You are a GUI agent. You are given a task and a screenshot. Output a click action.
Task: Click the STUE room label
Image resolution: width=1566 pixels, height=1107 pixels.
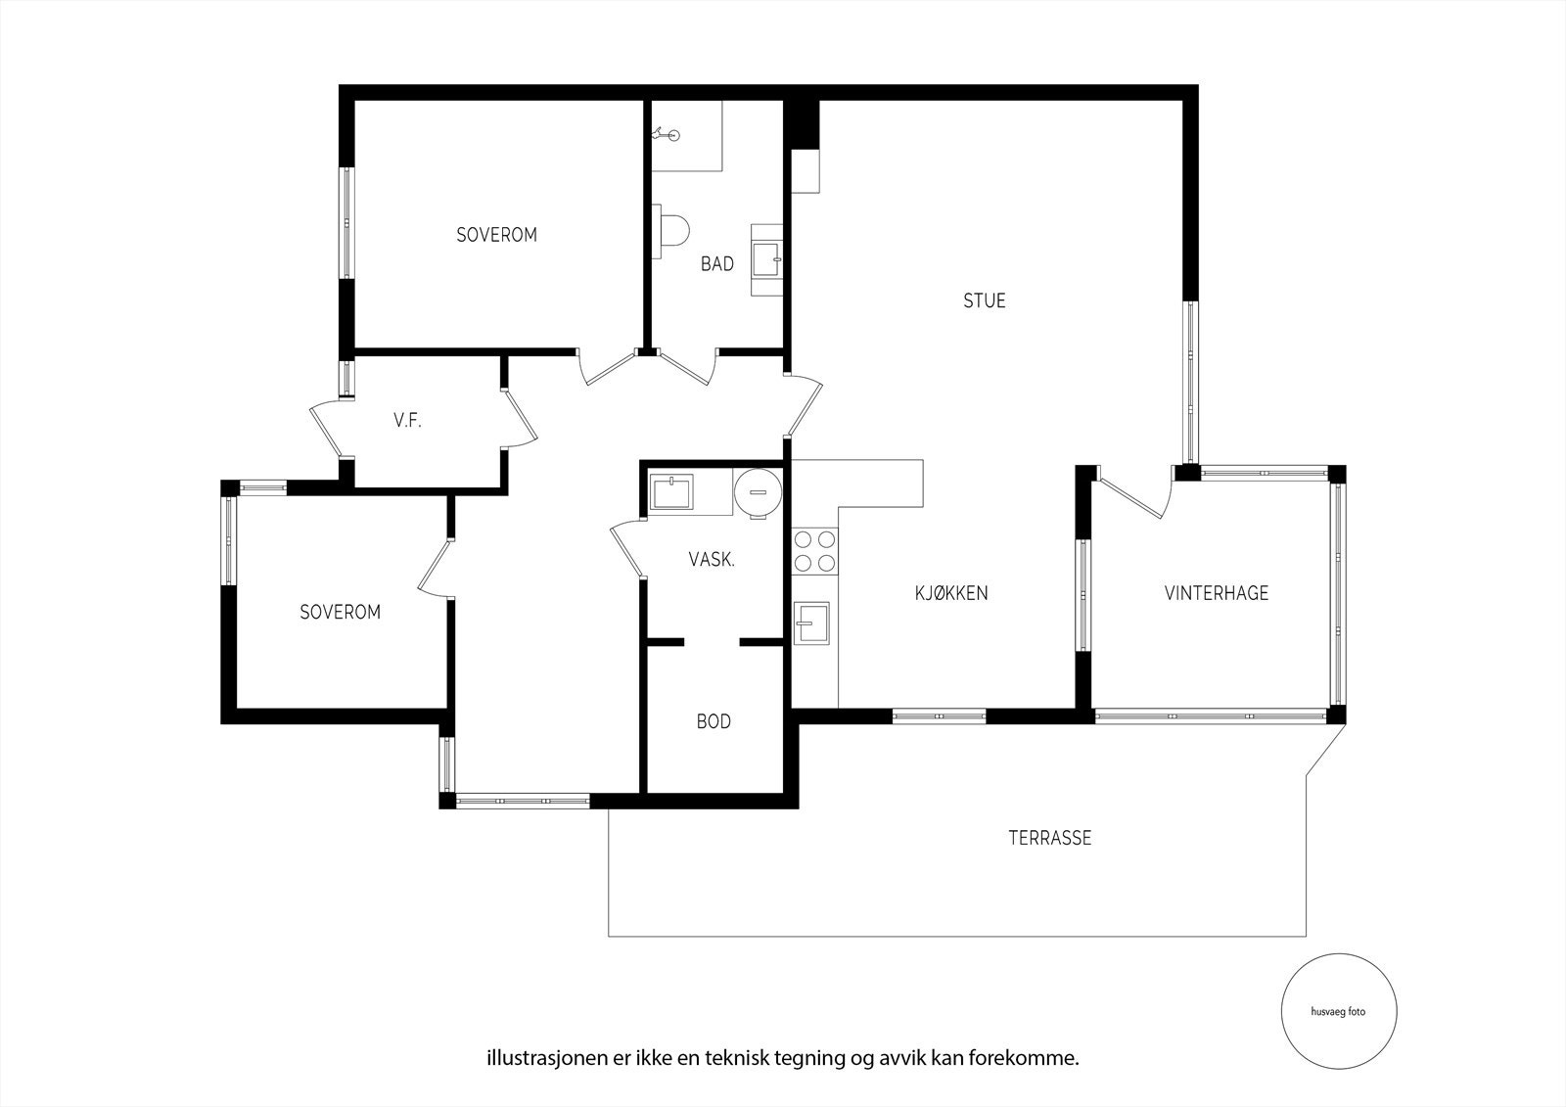tap(984, 300)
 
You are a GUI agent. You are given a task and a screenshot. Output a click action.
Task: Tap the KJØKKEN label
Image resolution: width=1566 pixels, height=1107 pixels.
tap(951, 593)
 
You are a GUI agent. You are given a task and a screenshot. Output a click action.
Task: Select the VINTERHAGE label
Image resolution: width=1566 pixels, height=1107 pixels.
tap(1217, 593)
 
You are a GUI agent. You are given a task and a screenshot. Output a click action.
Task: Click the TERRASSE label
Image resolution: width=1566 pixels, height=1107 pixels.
tap(1049, 838)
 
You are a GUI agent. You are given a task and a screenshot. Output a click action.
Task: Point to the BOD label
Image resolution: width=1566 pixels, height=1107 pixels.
tap(714, 721)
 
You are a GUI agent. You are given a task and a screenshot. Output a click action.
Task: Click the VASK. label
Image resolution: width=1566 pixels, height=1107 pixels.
tap(712, 560)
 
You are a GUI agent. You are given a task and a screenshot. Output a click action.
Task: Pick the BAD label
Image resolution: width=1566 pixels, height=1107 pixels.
tap(716, 264)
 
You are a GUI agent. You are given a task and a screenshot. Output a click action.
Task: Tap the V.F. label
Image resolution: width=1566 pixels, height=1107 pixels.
tap(407, 422)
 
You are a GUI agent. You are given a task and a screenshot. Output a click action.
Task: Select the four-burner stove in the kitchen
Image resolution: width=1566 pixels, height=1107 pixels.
tap(814, 550)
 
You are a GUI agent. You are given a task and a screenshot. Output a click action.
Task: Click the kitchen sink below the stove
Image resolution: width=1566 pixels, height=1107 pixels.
tap(811, 623)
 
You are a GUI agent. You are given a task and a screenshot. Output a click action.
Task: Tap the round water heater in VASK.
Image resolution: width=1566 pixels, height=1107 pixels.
tap(758, 488)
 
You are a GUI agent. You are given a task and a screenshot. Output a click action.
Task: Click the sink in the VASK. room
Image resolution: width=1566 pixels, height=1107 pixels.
tap(671, 492)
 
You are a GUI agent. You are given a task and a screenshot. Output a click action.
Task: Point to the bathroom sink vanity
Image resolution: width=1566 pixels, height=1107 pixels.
tap(766, 259)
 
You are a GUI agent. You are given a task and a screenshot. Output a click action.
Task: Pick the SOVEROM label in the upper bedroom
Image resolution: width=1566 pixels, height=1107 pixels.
tap(496, 235)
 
